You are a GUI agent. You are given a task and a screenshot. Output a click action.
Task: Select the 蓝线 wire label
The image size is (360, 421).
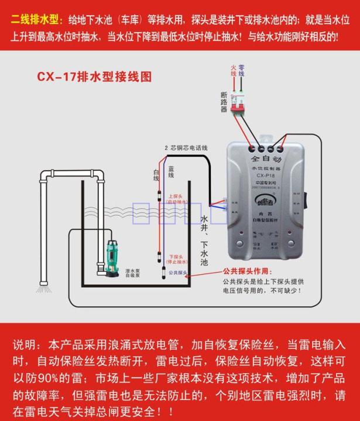(171, 171)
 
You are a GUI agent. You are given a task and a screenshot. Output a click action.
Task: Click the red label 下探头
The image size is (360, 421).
(176, 256)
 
